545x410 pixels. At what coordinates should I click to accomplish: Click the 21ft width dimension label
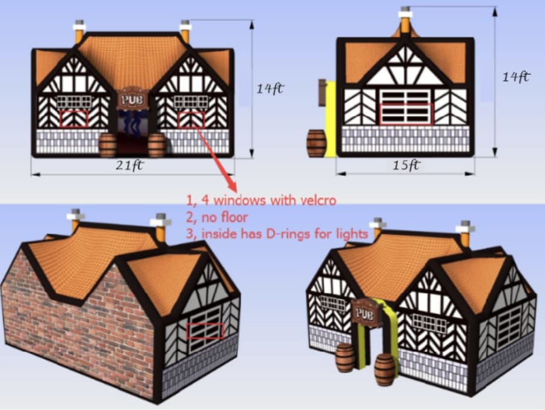[x=130, y=165]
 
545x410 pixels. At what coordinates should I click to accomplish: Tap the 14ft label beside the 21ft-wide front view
[x=270, y=89]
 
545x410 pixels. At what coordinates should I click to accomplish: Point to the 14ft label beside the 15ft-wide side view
[x=517, y=77]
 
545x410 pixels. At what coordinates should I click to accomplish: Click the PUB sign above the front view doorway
[x=133, y=100]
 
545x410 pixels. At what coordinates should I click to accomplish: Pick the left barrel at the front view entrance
[x=108, y=145]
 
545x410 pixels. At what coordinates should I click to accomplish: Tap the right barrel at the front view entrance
[x=157, y=145]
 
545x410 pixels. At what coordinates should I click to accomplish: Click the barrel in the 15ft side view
[x=316, y=143]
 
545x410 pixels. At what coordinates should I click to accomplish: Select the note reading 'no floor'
[x=217, y=218]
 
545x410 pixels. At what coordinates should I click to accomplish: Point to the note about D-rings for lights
[x=277, y=233]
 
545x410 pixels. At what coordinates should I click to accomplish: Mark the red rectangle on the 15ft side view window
[x=406, y=114]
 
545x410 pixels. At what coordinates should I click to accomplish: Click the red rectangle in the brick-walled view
[x=205, y=331]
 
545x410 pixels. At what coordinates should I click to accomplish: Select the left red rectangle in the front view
[x=74, y=119]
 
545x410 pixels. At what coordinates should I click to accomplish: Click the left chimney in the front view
[x=79, y=32]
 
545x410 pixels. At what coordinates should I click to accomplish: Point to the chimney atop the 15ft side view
[x=405, y=20]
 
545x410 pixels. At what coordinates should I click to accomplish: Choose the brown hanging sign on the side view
[x=322, y=93]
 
